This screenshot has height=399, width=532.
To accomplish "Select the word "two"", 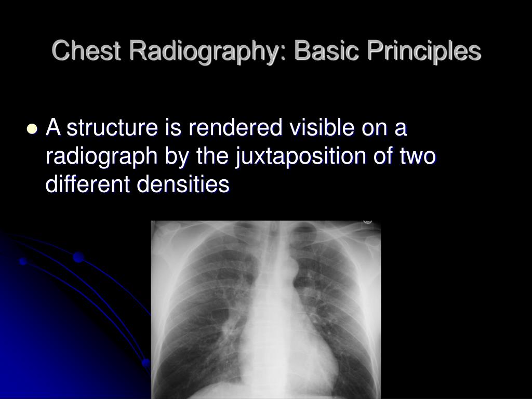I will (x=418, y=156).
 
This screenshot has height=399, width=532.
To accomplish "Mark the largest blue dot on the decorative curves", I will (x=78, y=257).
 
